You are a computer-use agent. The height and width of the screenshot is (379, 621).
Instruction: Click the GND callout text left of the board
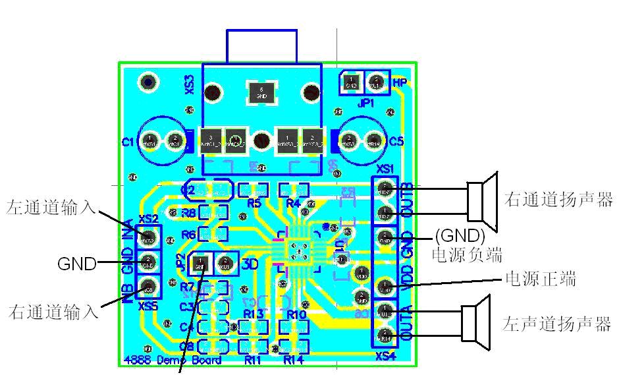click(x=77, y=264)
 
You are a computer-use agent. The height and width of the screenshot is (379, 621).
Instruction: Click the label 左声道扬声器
click(x=557, y=324)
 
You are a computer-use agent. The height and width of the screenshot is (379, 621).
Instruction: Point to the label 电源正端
click(x=540, y=279)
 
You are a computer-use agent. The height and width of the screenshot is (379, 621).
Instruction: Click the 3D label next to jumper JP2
click(x=250, y=265)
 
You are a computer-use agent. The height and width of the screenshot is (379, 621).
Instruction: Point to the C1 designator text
click(x=128, y=142)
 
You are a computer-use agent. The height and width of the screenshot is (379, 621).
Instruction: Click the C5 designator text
click(x=396, y=142)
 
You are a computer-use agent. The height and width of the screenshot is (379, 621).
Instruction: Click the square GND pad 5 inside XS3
click(x=262, y=92)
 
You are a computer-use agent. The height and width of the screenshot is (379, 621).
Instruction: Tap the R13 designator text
click(x=254, y=314)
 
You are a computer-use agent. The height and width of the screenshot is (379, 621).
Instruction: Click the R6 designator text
click(x=188, y=234)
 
